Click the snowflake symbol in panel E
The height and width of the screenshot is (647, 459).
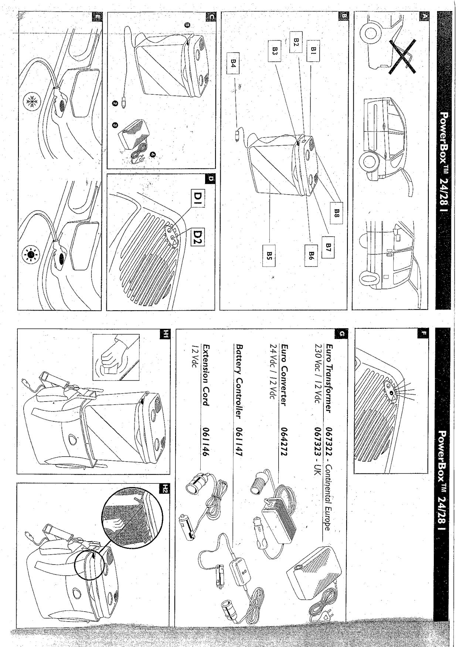29,100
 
